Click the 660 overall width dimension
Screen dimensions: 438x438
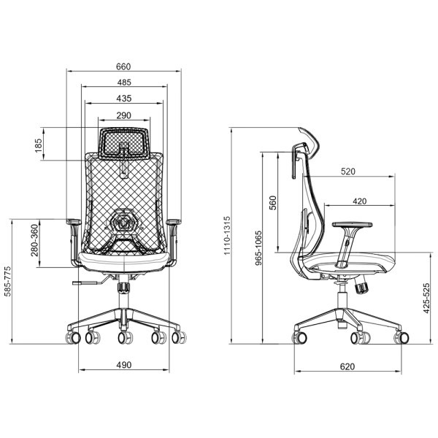[123, 66]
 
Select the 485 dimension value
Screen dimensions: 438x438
[124, 82]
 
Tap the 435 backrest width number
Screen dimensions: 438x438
[124, 99]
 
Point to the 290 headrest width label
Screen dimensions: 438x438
[124, 115]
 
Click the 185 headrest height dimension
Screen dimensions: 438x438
[39, 145]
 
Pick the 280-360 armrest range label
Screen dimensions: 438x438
[34, 240]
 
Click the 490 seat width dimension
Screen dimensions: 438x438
[124, 365]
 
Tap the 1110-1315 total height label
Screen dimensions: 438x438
[227, 235]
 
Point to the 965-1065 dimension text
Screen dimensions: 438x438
[258, 247]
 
